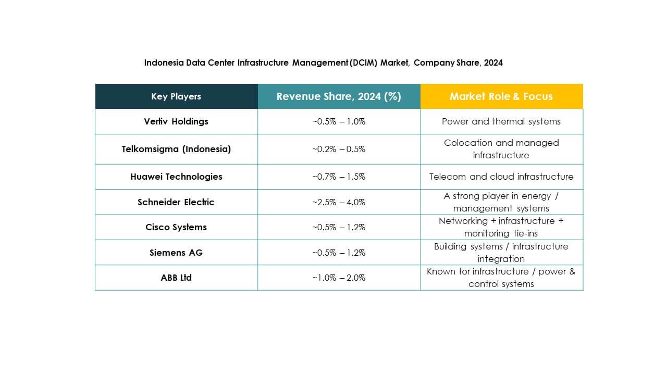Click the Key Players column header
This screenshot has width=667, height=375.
coord(176,96)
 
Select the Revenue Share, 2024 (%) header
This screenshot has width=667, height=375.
coord(339,96)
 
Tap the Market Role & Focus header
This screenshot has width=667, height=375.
coord(501,96)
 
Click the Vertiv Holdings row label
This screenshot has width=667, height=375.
coord(176,121)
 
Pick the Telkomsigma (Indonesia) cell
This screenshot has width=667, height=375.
coord(176,149)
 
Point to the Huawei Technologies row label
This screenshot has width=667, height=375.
coord(176,177)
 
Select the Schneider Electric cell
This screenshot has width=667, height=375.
coord(176,202)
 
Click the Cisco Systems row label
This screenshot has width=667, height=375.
coord(176,227)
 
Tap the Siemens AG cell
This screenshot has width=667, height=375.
coord(176,253)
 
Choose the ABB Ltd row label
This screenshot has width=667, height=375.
coord(176,278)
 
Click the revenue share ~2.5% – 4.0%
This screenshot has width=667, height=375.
coord(339,202)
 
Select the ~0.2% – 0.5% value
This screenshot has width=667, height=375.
coord(339,149)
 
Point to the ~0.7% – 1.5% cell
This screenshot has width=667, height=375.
coord(339,177)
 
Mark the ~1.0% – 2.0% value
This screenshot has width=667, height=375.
coord(339,278)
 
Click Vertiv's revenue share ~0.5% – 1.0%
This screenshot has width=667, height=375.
coord(339,121)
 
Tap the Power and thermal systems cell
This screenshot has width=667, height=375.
coord(501,121)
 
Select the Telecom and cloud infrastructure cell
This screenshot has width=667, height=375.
coord(501,177)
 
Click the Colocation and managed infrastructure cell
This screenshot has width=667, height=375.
coord(501,149)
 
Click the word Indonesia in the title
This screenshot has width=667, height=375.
coord(163,63)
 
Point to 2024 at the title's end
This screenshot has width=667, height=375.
coord(493,63)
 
